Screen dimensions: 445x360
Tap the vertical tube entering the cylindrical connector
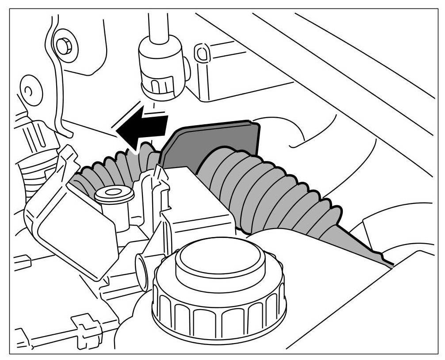click(158, 22)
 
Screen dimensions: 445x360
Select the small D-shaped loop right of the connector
click(201, 52)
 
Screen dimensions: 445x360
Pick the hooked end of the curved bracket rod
click(66, 132)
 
